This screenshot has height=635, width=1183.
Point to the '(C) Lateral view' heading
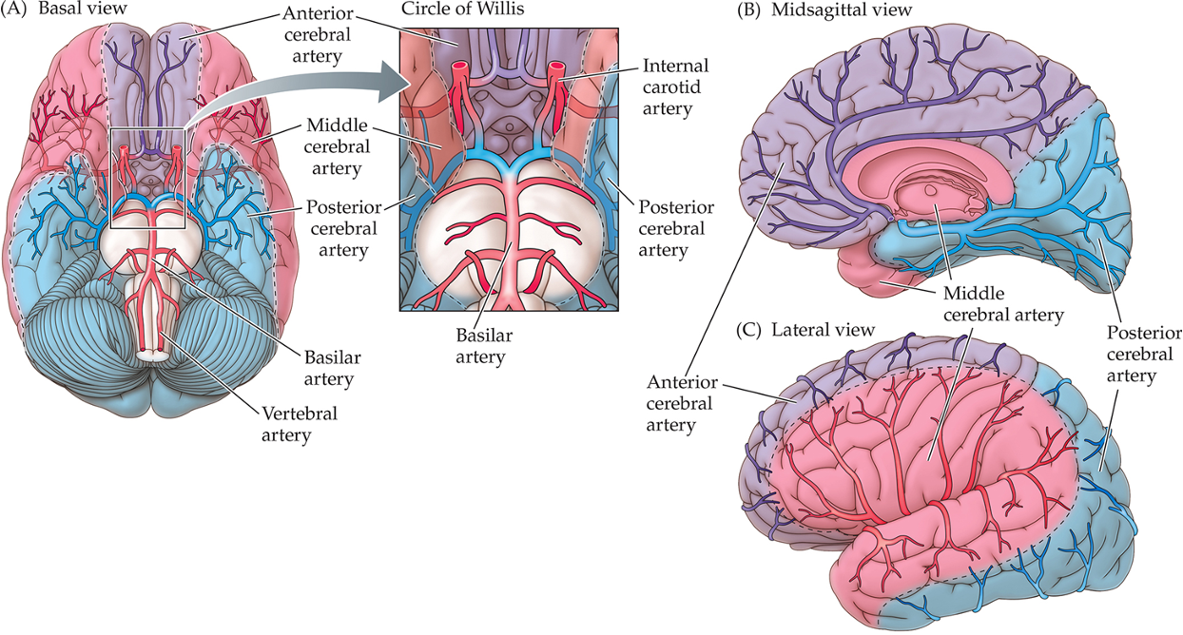805,330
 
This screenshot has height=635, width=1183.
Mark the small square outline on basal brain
147,178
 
